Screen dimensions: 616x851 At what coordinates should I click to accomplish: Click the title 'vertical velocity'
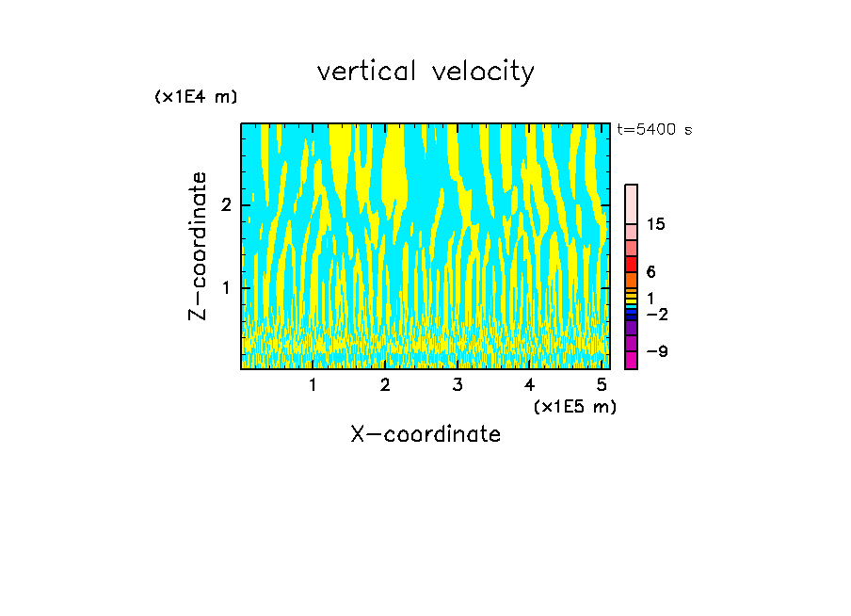[x=425, y=72]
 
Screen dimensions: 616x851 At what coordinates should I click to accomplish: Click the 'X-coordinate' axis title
[x=425, y=434]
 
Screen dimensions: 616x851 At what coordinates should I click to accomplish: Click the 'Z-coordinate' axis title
[x=198, y=246]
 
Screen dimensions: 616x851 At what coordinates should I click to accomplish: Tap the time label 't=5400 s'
[x=654, y=130]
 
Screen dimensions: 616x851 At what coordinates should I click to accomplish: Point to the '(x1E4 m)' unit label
[x=196, y=97]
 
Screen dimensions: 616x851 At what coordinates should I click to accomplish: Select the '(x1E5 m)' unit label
[x=574, y=406]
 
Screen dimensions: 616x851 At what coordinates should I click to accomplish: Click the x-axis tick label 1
[x=313, y=384]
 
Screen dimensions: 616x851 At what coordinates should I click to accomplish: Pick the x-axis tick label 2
[x=385, y=384]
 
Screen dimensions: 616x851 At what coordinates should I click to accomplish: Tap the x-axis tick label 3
[x=457, y=384]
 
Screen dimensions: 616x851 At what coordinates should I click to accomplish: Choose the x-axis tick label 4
[x=529, y=384]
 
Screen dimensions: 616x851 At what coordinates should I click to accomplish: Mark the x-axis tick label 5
[x=601, y=384]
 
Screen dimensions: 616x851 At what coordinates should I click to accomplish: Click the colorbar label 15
[x=656, y=224]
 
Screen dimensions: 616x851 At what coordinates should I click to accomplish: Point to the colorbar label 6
[x=650, y=272]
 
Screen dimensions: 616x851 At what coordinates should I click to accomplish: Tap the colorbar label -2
[x=656, y=315]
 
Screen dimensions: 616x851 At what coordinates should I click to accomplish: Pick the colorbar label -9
[x=656, y=351]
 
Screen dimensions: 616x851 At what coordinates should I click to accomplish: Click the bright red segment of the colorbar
[x=631, y=264]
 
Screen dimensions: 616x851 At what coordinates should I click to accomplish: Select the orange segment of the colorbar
[x=631, y=280]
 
